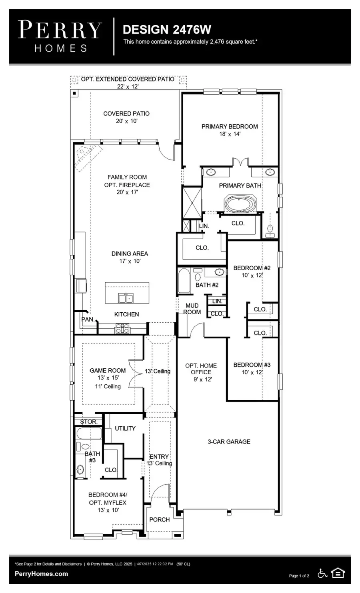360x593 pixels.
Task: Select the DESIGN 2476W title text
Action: [x=167, y=30]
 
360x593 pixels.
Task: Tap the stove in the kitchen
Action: [x=123, y=329]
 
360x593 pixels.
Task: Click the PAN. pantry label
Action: [x=88, y=319]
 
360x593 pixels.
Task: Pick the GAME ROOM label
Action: [x=108, y=371]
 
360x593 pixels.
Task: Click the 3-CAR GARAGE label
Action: [x=229, y=441]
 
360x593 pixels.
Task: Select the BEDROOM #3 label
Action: [x=252, y=365]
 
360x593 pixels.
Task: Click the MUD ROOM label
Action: [x=192, y=309]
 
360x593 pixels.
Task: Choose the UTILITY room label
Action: [x=125, y=428]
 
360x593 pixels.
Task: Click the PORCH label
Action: [x=160, y=519]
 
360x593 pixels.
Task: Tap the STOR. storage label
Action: [x=89, y=421]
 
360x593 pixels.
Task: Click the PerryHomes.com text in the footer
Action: [x=41, y=574]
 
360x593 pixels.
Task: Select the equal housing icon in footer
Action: [x=338, y=574]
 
